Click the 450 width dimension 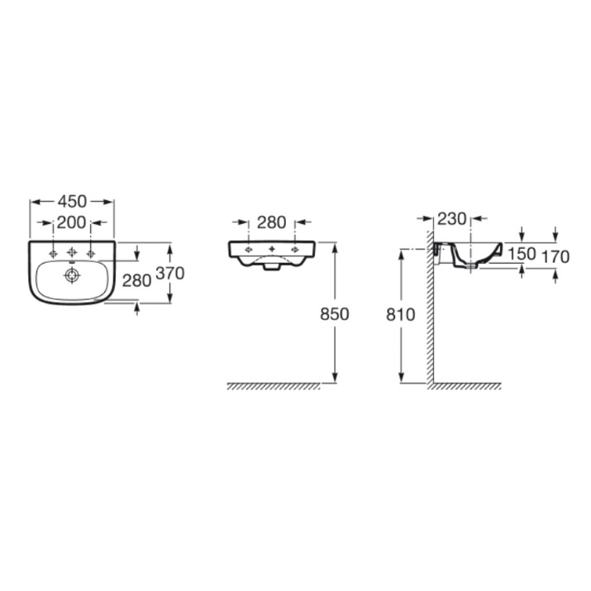click(x=72, y=202)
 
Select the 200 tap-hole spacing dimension click(x=72, y=222)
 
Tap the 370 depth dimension click(x=170, y=273)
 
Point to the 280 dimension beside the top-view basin click(x=137, y=280)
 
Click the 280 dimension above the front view click(x=271, y=222)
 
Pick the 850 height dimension click(x=335, y=313)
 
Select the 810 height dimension click(x=400, y=314)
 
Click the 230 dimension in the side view click(x=452, y=218)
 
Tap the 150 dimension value click(x=522, y=254)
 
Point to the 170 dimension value click(x=555, y=257)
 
